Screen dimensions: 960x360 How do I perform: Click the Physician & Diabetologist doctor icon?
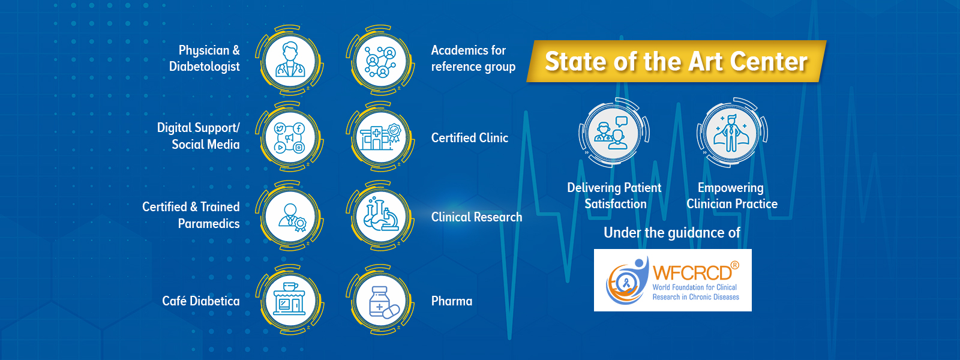click(x=290, y=60)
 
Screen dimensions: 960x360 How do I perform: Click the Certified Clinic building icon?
click(x=380, y=137)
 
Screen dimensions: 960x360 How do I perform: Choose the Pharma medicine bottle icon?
click(x=383, y=302)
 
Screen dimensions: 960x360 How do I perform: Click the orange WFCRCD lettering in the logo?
click(x=692, y=272)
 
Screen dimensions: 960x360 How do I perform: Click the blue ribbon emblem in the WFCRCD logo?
click(x=626, y=283)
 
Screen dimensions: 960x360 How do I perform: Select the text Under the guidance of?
click(x=671, y=233)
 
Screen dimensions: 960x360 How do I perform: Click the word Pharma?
click(x=452, y=301)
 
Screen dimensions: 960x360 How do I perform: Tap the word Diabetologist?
click(x=205, y=67)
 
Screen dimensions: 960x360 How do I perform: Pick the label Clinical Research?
click(x=476, y=217)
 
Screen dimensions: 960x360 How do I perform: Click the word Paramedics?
click(x=209, y=223)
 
